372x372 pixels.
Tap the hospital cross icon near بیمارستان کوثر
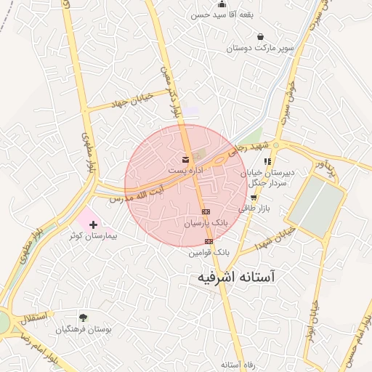pos(93,225)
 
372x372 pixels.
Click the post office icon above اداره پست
pos(185,159)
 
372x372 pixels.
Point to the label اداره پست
pos(186,169)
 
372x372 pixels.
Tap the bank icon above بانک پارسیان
pos(206,211)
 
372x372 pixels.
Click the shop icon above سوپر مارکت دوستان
pos(260,36)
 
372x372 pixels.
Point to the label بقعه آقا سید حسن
pos(221,15)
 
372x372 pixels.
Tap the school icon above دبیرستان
pos(267,161)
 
